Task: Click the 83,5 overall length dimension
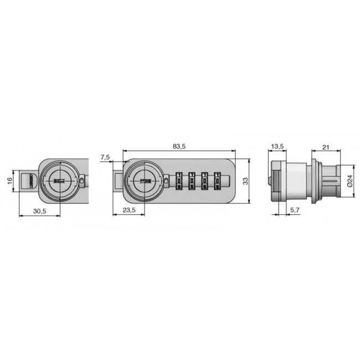(x=178, y=147)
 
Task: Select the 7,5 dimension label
(x=105, y=158)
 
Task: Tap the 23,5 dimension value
(x=128, y=209)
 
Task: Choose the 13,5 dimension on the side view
(x=278, y=147)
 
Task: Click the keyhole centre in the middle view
(x=146, y=181)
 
